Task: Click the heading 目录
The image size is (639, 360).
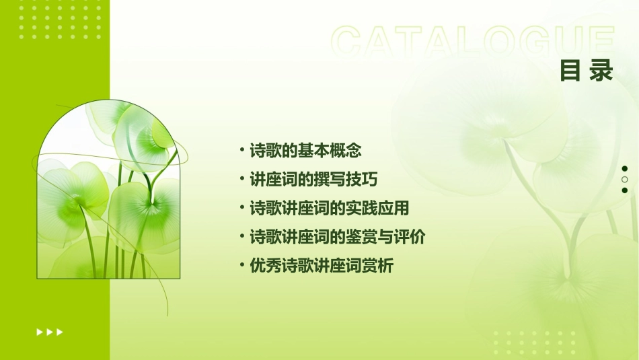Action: [x=586, y=71]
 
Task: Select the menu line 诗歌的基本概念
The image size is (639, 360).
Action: [x=305, y=151]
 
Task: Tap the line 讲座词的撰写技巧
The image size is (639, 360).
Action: [x=313, y=180]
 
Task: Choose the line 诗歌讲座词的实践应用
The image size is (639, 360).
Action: [x=329, y=208]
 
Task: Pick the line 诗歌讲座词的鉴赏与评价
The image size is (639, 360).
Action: [x=337, y=237]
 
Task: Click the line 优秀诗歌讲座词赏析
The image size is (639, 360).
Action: [x=321, y=266]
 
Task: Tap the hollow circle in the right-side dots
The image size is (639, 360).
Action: [x=625, y=179]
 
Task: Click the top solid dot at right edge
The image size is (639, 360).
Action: [x=625, y=168]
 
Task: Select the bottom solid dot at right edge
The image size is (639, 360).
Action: [x=625, y=190]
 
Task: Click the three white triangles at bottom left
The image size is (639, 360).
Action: [x=50, y=332]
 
